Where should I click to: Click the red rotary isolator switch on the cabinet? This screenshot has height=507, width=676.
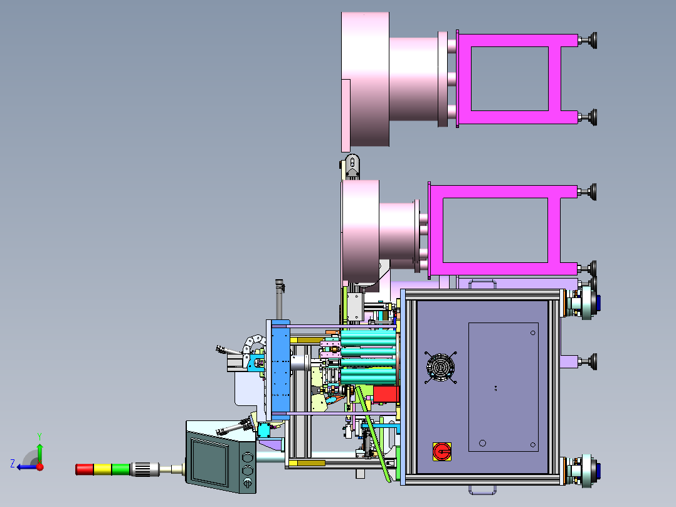(441, 451)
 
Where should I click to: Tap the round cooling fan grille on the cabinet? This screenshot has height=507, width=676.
(440, 366)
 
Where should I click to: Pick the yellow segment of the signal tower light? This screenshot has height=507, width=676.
(103, 469)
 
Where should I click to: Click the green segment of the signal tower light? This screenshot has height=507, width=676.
(120, 469)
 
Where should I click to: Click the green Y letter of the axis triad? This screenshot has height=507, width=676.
(39, 435)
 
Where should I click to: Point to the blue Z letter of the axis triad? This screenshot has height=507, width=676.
(12, 463)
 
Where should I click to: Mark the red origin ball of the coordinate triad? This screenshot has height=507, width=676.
(40, 466)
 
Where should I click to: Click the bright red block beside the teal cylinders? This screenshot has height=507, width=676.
(386, 394)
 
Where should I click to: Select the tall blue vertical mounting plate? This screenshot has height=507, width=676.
(279, 370)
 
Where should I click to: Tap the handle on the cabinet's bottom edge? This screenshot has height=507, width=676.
(480, 488)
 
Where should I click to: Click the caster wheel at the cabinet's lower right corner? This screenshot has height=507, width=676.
(588, 471)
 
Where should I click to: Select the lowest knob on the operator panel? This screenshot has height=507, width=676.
(246, 483)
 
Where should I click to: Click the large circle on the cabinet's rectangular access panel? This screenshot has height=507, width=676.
(482, 443)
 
